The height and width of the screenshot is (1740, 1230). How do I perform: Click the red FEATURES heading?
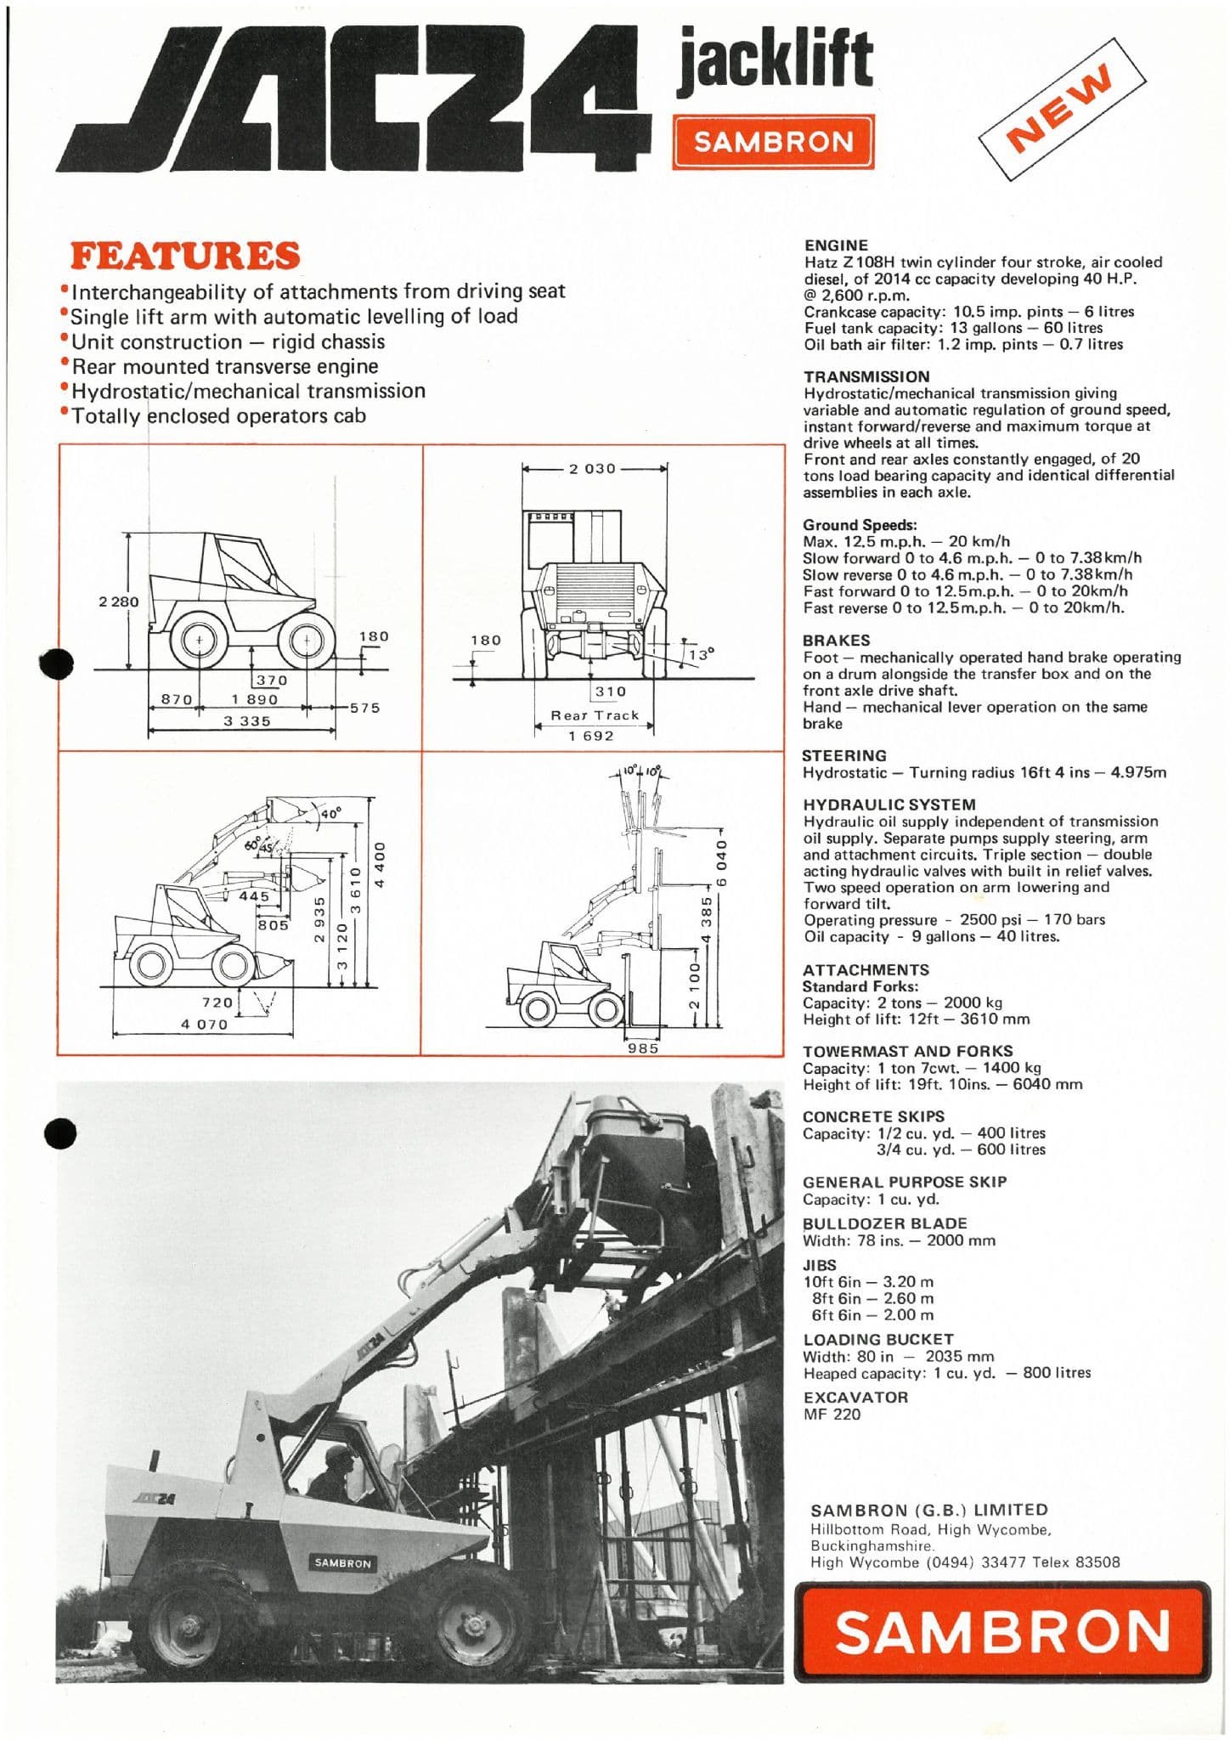click(185, 256)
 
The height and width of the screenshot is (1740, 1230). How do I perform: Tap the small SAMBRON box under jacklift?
click(773, 143)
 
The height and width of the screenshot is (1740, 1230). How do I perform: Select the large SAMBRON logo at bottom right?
click(1002, 1631)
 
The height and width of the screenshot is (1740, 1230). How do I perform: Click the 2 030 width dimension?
click(592, 468)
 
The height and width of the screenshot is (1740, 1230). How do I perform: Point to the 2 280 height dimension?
click(118, 602)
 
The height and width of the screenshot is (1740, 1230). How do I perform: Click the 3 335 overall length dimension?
click(246, 721)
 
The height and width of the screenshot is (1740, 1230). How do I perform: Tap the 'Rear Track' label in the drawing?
click(595, 715)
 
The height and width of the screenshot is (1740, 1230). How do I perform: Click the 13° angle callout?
click(702, 654)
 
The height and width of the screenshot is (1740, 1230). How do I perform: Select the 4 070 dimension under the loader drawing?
click(204, 1025)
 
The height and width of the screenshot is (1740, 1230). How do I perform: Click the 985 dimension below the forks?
click(643, 1048)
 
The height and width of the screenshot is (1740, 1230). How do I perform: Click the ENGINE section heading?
click(836, 246)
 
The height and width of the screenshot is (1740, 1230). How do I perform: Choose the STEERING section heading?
click(844, 755)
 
